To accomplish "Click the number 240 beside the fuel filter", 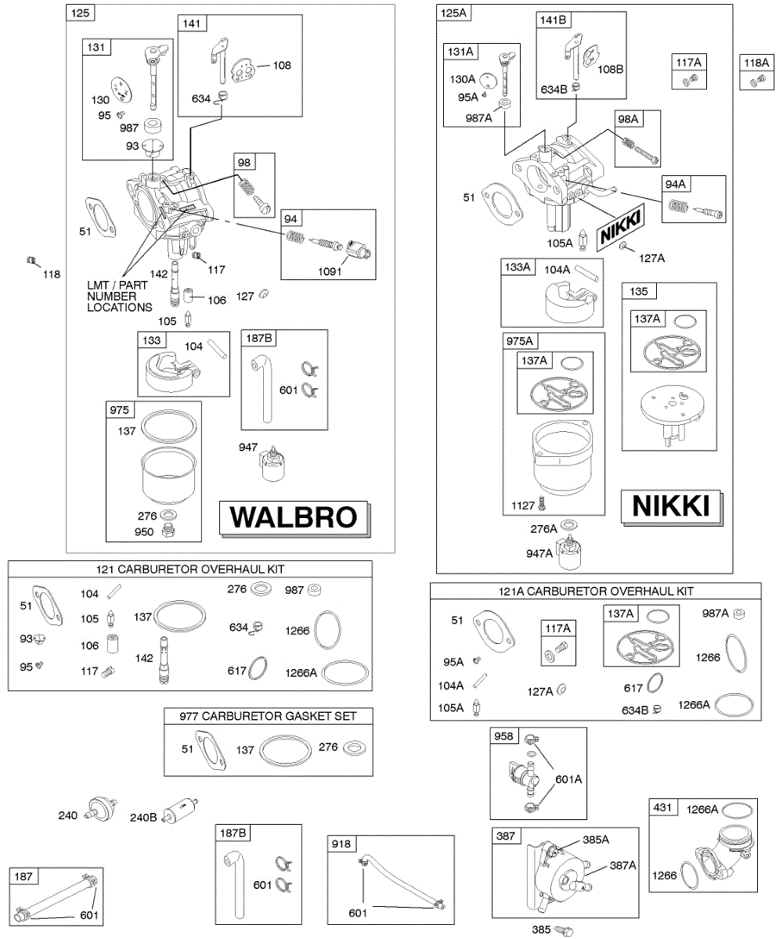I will point(68,815).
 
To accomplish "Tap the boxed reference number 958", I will point(504,736).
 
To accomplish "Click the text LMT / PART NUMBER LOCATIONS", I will point(120,297).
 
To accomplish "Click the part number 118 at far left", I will point(51,274).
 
